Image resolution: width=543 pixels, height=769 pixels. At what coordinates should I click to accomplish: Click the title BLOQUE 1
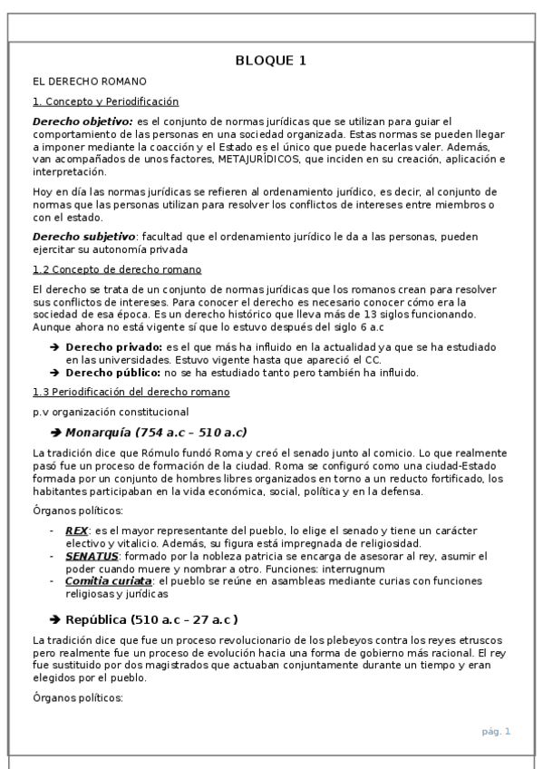[x=271, y=61]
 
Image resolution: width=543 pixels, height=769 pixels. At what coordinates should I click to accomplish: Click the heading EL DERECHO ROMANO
[x=89, y=82]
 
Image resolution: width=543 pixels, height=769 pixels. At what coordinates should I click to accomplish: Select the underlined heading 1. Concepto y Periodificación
[x=105, y=102]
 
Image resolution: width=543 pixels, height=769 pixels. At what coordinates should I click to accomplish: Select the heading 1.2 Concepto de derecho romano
[x=117, y=269]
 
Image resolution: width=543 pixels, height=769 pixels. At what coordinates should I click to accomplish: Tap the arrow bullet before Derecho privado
[x=54, y=347]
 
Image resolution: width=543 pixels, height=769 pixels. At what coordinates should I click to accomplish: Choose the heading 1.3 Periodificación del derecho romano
[x=131, y=392]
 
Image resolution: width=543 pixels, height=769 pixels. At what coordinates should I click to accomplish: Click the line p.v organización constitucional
[x=110, y=412]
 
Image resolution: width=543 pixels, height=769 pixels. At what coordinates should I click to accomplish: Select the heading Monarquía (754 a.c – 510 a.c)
[x=156, y=432]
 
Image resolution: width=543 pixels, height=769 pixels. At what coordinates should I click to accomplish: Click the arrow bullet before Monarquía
[x=56, y=432]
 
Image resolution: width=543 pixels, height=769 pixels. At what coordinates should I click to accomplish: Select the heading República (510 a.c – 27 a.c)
[x=151, y=619]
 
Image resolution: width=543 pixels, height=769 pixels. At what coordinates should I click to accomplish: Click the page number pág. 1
[x=496, y=731]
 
